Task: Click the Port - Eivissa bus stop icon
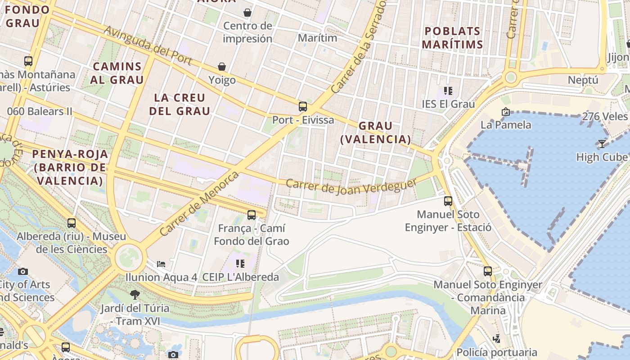point(303,107)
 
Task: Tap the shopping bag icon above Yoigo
point(222,67)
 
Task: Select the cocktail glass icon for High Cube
point(602,144)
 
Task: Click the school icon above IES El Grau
point(448,91)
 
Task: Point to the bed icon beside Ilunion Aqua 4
point(161,264)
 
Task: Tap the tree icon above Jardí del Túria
point(135,295)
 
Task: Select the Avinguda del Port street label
point(148,45)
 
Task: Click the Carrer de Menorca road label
point(199,203)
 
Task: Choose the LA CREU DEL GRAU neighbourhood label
point(180,104)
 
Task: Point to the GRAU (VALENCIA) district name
point(376,132)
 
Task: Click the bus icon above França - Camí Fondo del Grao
point(252,215)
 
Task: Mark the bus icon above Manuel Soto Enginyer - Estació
point(448,201)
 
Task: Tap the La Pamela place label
point(506,125)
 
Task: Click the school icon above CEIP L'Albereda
point(240,264)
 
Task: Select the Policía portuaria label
point(497,352)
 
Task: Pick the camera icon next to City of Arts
point(23,271)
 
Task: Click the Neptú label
point(583,80)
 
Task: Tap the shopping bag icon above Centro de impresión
point(247,12)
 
